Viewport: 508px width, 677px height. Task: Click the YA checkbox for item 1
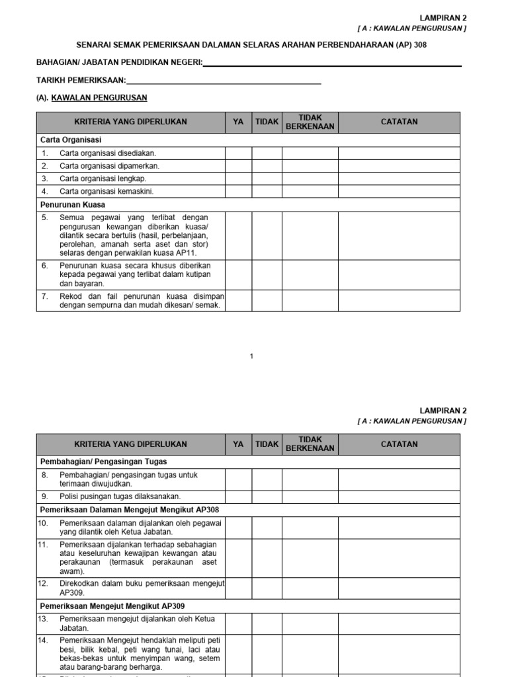pos(238,153)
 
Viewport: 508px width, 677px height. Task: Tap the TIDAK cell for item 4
pos(267,191)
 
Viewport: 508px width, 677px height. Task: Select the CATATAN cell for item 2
pos(399,166)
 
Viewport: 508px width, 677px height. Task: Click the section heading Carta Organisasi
pos(71,140)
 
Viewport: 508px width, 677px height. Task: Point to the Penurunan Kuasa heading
pos(73,205)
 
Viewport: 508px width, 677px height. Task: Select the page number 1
pos(252,357)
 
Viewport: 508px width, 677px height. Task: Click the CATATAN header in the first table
pos(399,122)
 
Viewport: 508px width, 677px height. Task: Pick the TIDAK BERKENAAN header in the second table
pos(310,444)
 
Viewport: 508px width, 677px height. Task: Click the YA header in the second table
pos(238,444)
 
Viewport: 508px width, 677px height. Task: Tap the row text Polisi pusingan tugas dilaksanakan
pos(120,496)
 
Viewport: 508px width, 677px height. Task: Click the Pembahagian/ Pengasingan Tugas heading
pos(104,461)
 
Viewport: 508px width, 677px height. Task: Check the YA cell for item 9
pos(238,496)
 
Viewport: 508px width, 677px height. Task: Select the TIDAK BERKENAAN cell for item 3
pos(310,179)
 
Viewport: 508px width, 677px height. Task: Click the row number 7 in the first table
pos(45,296)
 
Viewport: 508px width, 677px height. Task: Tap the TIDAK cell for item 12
pos(267,588)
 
